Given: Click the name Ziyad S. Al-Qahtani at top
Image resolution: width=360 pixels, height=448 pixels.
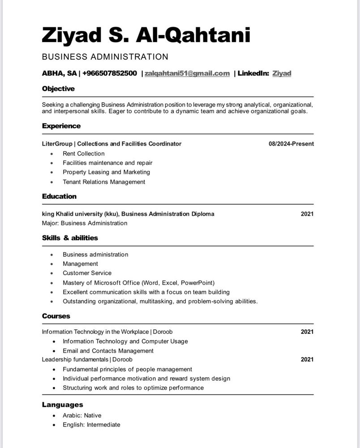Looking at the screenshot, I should point(146,35).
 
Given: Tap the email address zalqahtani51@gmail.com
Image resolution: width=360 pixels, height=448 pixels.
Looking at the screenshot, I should point(187,73).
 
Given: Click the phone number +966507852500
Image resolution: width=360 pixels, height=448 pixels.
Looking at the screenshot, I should point(110,73).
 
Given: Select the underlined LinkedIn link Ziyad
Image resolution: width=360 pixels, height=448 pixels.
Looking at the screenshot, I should point(282,73).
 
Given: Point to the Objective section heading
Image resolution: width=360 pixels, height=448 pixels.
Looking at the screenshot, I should point(58,89).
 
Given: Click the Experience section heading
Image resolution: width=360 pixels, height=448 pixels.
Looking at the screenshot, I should point(61,126).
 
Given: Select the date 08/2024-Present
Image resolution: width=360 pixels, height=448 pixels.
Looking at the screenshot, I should point(291,144).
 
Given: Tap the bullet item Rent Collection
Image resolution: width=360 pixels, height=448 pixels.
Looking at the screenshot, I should point(84,154).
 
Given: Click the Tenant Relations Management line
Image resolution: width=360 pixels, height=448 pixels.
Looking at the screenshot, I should point(104,182).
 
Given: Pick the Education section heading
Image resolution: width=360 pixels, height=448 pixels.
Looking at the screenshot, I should point(59,196).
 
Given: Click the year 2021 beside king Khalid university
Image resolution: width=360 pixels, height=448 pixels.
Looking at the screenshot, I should point(307,214).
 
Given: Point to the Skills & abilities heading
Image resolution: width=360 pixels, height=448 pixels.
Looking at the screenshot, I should point(70,238).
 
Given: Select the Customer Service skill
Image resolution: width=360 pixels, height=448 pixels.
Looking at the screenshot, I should point(87,273).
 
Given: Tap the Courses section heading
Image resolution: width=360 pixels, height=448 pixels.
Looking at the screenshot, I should point(56,316).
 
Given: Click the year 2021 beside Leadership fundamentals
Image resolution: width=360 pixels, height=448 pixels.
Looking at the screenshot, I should point(307,359).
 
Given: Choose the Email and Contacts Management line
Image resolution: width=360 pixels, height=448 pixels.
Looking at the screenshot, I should point(108,351).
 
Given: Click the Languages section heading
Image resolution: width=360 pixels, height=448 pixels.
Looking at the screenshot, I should point(62,405).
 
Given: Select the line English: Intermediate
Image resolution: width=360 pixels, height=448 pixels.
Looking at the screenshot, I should point(91,425).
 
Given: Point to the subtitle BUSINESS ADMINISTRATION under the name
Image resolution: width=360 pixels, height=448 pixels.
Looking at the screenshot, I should point(105,57).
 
